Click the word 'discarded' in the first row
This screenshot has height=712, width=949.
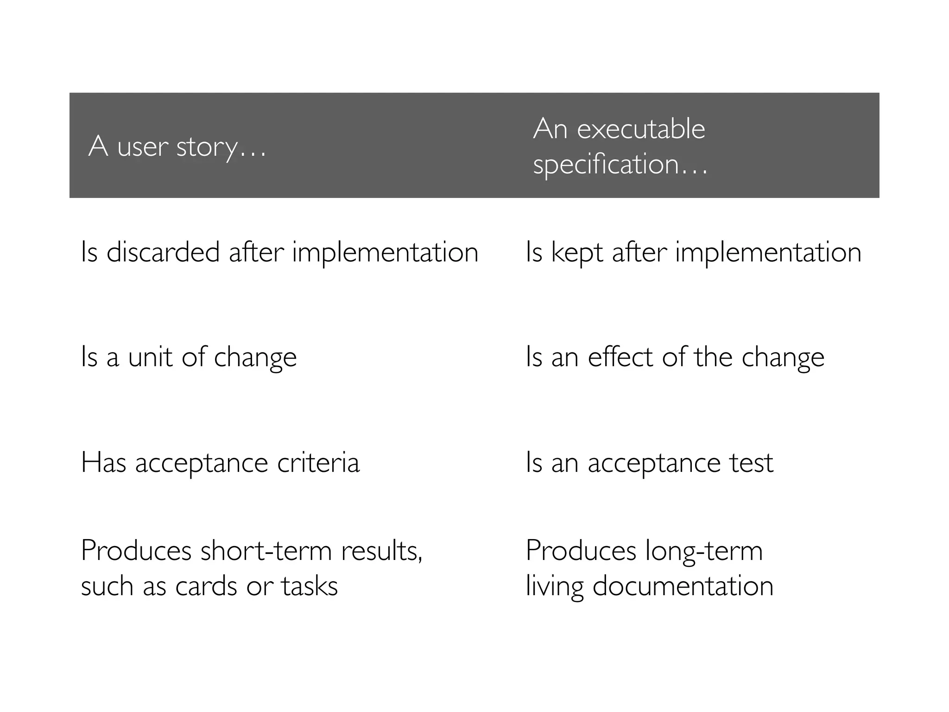click(x=163, y=253)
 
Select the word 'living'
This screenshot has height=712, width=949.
click(x=555, y=586)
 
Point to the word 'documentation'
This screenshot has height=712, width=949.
click(x=683, y=586)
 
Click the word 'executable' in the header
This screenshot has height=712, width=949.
click(x=641, y=128)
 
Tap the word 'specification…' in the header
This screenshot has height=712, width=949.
click(x=620, y=165)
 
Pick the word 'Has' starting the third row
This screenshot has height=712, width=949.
click(x=103, y=463)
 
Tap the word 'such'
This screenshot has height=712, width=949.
click(x=107, y=586)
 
